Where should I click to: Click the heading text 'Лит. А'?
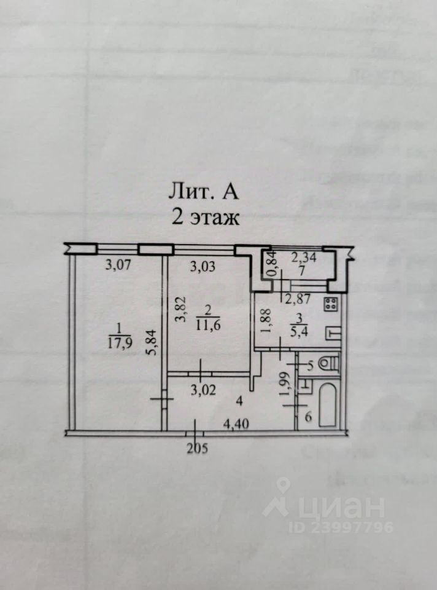203,192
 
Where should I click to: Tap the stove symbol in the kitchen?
331,303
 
